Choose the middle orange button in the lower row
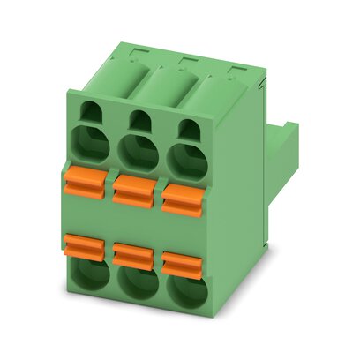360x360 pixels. click(133, 254)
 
